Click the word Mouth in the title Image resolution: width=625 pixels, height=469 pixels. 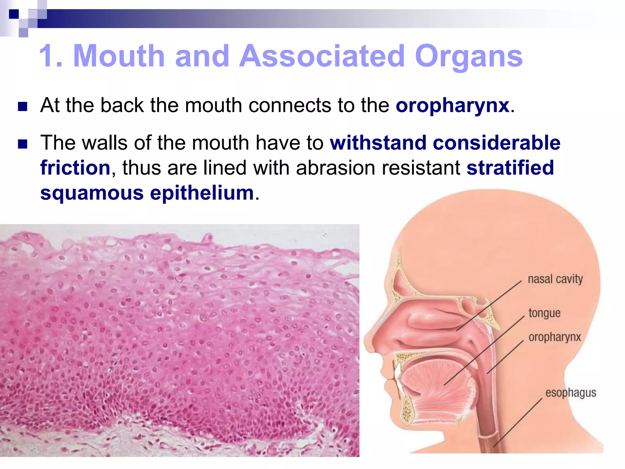point(119,56)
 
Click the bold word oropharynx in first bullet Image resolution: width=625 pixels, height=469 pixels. point(453,106)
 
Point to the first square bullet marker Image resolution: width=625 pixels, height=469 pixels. point(23,107)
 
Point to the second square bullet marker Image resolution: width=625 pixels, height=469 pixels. point(23,144)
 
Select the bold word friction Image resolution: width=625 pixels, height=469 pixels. point(75,168)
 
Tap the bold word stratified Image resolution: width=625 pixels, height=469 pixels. point(510,168)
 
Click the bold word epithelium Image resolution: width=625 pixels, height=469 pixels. point(202,193)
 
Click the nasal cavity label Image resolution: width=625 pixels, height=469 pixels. point(555,279)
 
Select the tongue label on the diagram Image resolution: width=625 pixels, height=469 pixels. point(544,313)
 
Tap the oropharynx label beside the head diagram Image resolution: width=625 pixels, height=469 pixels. point(555,337)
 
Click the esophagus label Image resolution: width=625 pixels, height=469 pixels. point(570,393)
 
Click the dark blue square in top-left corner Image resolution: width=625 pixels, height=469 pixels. point(14,14)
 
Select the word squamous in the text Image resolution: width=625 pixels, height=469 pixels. point(92,193)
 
